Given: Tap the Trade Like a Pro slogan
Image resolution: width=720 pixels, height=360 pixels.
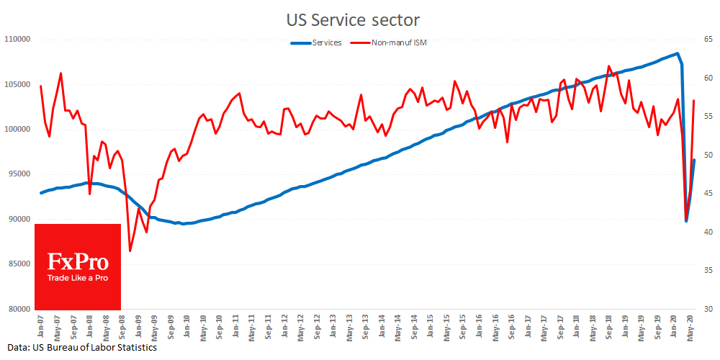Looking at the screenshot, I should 77,278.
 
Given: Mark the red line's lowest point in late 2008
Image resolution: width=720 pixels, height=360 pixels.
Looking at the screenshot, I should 130,251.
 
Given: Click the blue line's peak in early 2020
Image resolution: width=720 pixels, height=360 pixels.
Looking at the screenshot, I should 677,53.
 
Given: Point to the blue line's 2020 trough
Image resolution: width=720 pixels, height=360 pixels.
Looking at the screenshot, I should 686,221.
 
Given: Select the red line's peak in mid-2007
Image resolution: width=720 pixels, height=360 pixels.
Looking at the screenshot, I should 60,73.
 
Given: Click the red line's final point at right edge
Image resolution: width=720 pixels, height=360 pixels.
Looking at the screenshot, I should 693,100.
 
